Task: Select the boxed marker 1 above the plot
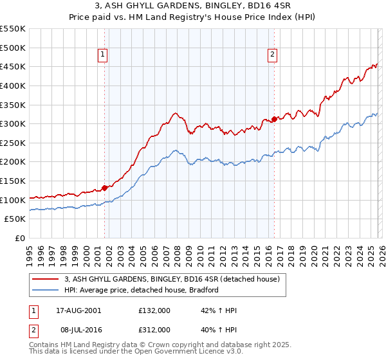tap(104, 55)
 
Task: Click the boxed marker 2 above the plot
tap(273, 55)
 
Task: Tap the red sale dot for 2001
tap(104, 188)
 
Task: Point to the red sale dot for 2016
tap(274, 119)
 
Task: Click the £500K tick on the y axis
tap(13, 48)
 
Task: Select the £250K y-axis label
tap(13, 143)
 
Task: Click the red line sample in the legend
tap(46, 280)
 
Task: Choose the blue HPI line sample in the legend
tap(46, 290)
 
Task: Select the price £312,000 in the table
tap(154, 330)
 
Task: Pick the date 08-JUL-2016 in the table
tap(76, 330)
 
